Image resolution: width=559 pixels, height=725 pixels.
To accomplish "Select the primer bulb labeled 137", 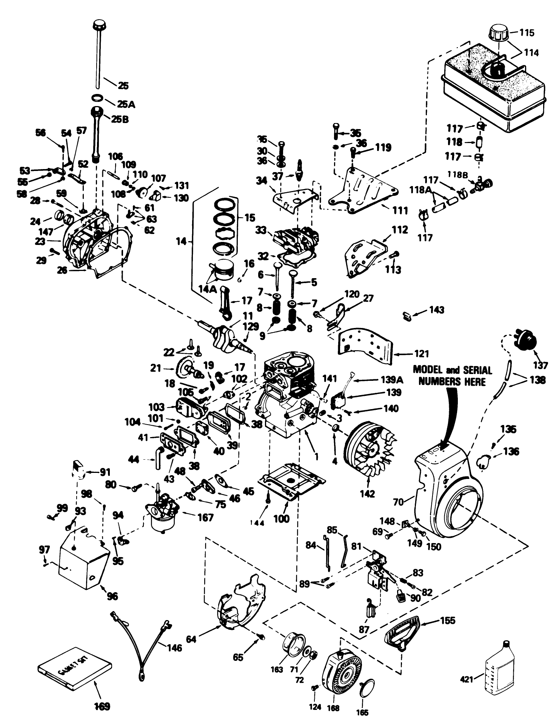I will click(527, 340).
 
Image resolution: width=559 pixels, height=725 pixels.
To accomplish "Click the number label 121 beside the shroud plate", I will click(421, 354).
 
